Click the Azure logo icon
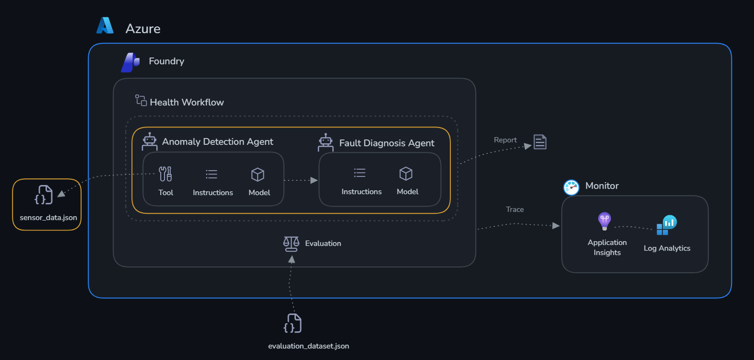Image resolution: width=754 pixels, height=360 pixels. (105, 25)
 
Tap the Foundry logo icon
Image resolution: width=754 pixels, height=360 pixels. (130, 63)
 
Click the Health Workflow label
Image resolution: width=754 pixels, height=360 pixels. (187, 102)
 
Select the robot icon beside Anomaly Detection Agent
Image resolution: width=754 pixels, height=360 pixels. (150, 141)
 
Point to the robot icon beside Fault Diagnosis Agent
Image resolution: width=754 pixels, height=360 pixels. (326, 142)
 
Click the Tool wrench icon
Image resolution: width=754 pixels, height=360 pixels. (165, 174)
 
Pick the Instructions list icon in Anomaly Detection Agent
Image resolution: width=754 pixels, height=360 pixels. (212, 174)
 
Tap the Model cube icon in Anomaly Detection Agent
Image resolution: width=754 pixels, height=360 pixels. (258, 174)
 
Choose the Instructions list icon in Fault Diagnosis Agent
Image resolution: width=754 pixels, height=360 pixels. (360, 173)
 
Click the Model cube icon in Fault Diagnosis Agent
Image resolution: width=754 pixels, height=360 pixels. (406, 174)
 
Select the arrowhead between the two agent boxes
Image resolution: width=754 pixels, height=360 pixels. (314, 180)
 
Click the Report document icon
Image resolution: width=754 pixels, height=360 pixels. (540, 142)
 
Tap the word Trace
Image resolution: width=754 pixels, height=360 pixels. (515, 209)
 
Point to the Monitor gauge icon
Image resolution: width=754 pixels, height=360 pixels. (571, 187)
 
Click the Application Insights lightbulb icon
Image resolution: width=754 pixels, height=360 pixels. (604, 221)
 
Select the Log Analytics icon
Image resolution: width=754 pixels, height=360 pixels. (667, 225)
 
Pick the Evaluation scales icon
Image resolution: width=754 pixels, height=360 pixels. (291, 244)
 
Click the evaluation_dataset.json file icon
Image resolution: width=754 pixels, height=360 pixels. (293, 323)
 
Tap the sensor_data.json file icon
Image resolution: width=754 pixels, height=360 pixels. (44, 195)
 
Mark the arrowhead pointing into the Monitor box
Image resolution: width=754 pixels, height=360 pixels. (556, 226)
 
